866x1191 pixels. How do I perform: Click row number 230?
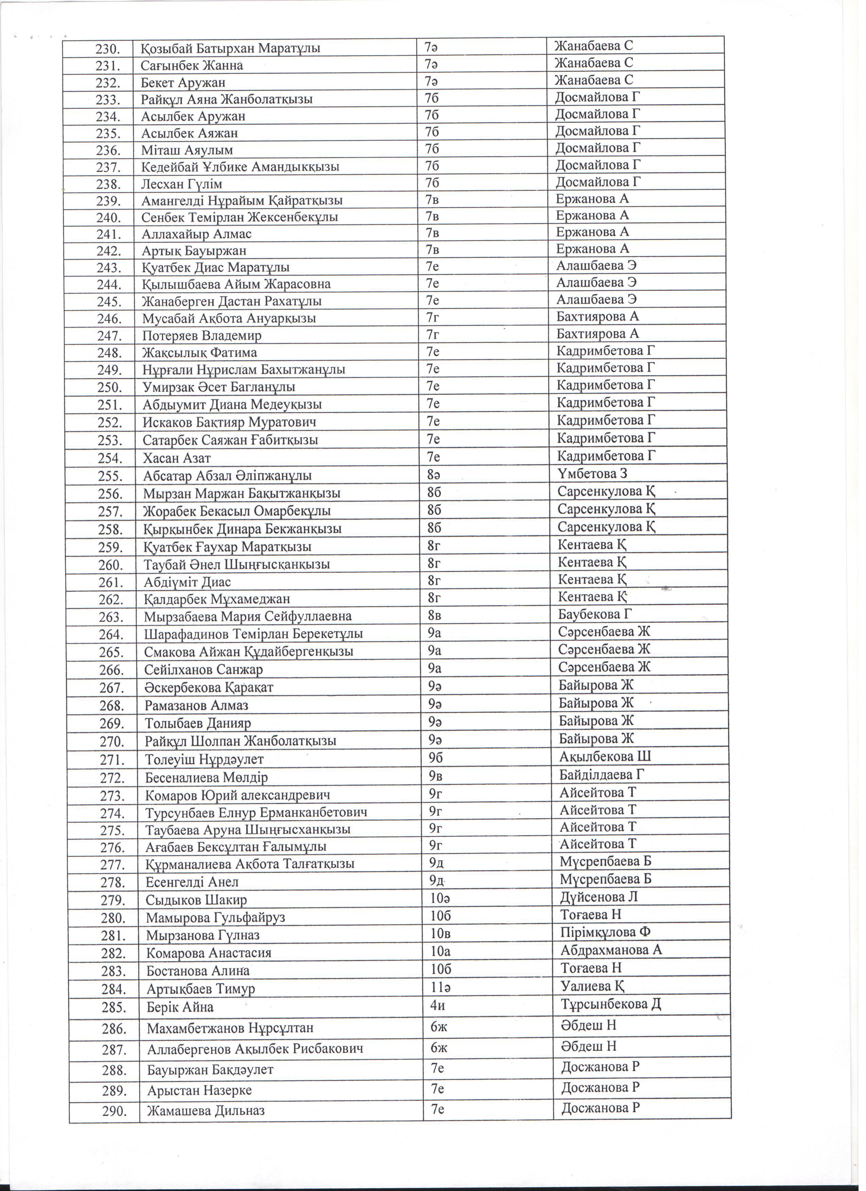pos(108,49)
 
